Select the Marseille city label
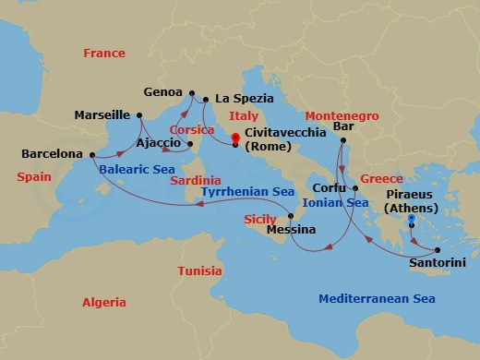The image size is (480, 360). (102, 115)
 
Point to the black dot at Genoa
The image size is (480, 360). (192, 93)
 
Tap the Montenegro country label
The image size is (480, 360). (342, 115)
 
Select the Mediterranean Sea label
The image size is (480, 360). (377, 298)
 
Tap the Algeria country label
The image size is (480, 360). (103, 302)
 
